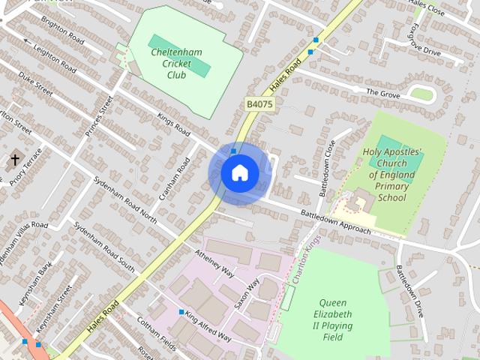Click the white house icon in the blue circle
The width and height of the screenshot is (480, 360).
[x=239, y=173]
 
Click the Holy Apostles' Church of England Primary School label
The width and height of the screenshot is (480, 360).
[x=392, y=174]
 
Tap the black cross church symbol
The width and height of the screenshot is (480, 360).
[x=15, y=160]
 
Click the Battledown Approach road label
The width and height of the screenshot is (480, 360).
[x=336, y=221]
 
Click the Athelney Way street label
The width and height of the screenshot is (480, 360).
[x=215, y=264]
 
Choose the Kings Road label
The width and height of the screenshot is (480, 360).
[x=172, y=124]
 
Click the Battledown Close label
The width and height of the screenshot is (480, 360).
[x=327, y=168]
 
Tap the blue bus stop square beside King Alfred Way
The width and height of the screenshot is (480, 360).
[x=181, y=311]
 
